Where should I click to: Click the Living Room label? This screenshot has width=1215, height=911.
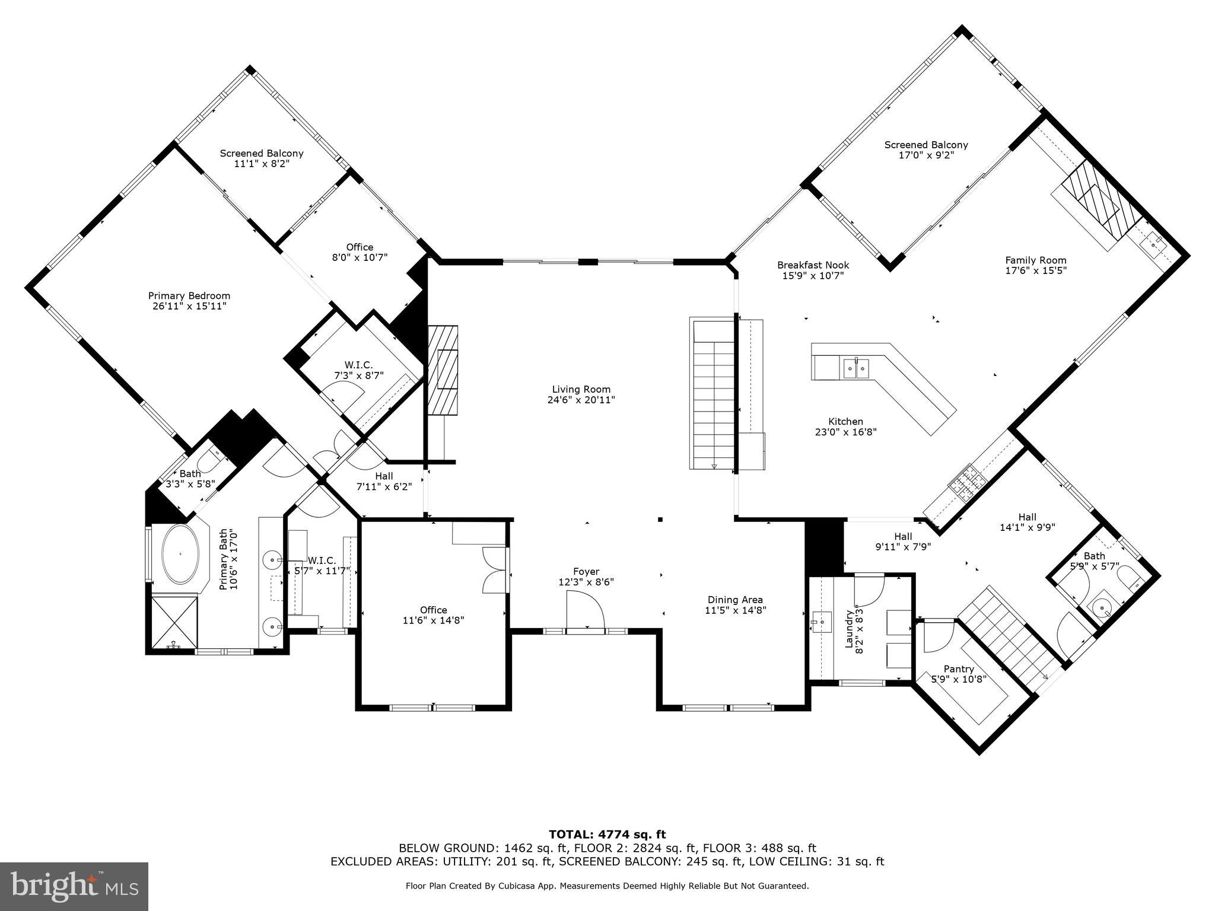tap(581, 390)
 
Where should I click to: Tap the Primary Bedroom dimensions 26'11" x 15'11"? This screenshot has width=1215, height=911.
tap(189, 306)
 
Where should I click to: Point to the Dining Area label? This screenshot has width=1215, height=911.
tap(735, 600)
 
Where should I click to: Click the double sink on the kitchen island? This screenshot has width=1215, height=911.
tap(856, 368)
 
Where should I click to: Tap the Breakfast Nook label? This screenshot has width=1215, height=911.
tap(813, 265)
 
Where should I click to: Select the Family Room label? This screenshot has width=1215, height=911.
tap(1036, 260)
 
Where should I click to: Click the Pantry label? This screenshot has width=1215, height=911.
tap(959, 669)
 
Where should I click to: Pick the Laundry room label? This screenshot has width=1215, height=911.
tap(848, 629)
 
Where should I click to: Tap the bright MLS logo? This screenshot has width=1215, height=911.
tap(74, 887)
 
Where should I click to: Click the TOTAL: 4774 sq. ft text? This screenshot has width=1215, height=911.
tap(607, 835)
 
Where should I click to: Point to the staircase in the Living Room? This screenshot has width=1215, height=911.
tap(713, 394)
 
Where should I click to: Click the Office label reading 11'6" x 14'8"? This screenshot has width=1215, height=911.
tap(434, 615)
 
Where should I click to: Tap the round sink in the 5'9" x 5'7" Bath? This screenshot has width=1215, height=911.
tap(1102, 607)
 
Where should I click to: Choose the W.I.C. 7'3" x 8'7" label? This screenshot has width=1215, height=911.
tap(359, 370)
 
